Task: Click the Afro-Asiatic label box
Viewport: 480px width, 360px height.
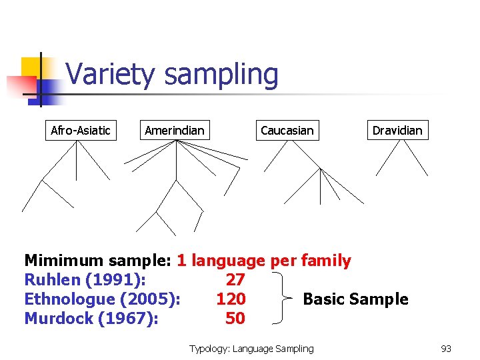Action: pyautogui.click(x=81, y=130)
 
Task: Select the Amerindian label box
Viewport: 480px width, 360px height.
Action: pyautogui.click(x=175, y=130)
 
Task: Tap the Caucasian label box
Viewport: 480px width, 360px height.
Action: pyautogui.click(x=287, y=130)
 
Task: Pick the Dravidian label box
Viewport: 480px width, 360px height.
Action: pyautogui.click(x=397, y=130)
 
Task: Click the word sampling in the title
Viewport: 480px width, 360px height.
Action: pyautogui.click(x=221, y=75)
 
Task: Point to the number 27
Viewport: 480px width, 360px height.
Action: pyautogui.click(x=235, y=279)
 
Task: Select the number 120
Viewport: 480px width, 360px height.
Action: pyautogui.click(x=231, y=299)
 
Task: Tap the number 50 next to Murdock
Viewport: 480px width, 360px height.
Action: pyautogui.click(x=235, y=319)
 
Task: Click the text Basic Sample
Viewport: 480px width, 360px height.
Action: pyautogui.click(x=355, y=299)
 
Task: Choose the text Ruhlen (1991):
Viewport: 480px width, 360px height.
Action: pyautogui.click(x=85, y=279)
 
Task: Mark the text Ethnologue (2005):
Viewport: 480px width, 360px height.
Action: pyautogui.click(x=102, y=299)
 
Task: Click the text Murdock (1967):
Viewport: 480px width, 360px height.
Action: pyautogui.click(x=91, y=319)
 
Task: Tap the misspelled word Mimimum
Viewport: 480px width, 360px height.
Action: pyautogui.click(x=63, y=260)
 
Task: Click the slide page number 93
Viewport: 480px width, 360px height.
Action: pyautogui.click(x=446, y=349)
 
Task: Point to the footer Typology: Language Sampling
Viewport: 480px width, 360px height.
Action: pyautogui.click(x=251, y=349)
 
